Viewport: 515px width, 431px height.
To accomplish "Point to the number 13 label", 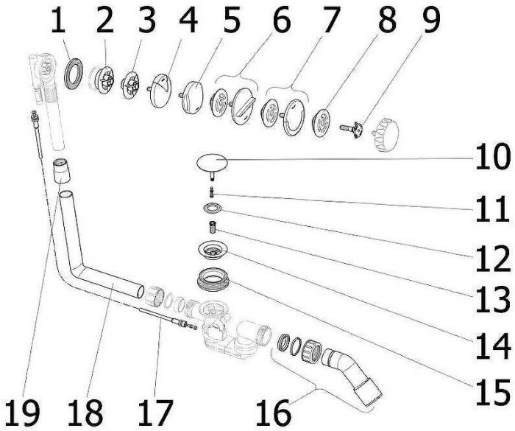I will click(x=491, y=301).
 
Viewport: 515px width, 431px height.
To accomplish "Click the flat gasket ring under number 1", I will click(x=74, y=74).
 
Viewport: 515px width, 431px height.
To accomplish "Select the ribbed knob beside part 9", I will click(x=387, y=135).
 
